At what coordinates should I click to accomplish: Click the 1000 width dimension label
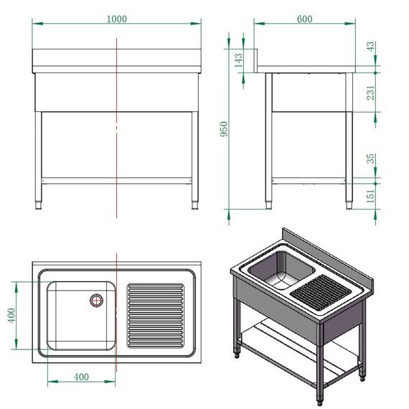[x=117, y=19]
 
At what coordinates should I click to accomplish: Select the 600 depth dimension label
[x=304, y=19]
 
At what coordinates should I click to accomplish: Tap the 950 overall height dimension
[x=224, y=128]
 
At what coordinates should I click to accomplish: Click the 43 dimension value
[x=370, y=45]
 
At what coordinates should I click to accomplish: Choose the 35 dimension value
[x=370, y=158]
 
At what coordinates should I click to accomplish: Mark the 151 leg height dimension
[x=370, y=194]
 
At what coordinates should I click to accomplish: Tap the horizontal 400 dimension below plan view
[x=81, y=377]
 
